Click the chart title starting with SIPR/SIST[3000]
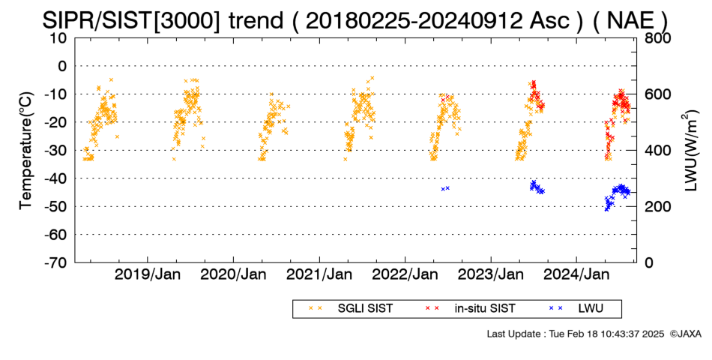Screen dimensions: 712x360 (x=355, y=20)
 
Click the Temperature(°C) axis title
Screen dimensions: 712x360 (x=26, y=151)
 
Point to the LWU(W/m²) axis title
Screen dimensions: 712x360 (x=690, y=151)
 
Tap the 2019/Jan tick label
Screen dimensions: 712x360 (x=148, y=274)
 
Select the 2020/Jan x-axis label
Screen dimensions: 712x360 (x=233, y=274)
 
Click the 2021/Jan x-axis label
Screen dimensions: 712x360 (x=319, y=274)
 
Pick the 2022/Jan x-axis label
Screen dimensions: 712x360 (x=405, y=274)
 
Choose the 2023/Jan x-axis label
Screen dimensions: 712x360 (x=491, y=274)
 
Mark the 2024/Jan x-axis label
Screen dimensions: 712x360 (x=576, y=274)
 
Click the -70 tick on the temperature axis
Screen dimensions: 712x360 (x=55, y=262)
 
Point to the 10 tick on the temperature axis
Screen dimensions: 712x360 (x=58, y=38)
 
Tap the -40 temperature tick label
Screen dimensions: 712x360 (x=55, y=178)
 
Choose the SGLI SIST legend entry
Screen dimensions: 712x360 (x=351, y=309)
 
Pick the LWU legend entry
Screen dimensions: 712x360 (x=576, y=309)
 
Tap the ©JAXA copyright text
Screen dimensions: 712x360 (x=685, y=334)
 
